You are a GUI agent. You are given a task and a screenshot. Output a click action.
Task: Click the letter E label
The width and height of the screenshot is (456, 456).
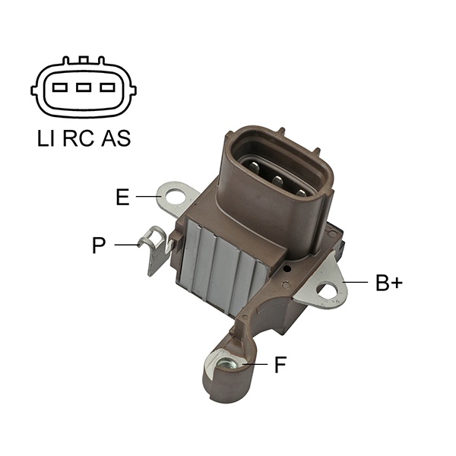coord(122,197)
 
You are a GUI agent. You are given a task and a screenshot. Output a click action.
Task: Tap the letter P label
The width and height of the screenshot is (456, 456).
coord(99,245)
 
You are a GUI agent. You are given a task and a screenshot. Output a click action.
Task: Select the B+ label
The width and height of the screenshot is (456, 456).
coord(389,283)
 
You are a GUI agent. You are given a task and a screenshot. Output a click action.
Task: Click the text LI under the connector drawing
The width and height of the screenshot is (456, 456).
coord(46,138)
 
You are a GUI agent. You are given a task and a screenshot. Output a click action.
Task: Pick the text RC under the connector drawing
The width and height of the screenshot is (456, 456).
coord(78,138)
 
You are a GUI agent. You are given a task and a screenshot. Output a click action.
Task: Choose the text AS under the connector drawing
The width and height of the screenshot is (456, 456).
coord(116,138)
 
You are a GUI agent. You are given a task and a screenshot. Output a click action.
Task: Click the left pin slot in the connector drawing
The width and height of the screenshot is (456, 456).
coord(60,87)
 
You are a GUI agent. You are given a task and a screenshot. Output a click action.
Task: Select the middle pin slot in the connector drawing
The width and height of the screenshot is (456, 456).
coord(84,87)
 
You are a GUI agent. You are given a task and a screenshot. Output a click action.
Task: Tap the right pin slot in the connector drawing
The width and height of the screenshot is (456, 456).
coord(108,87)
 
